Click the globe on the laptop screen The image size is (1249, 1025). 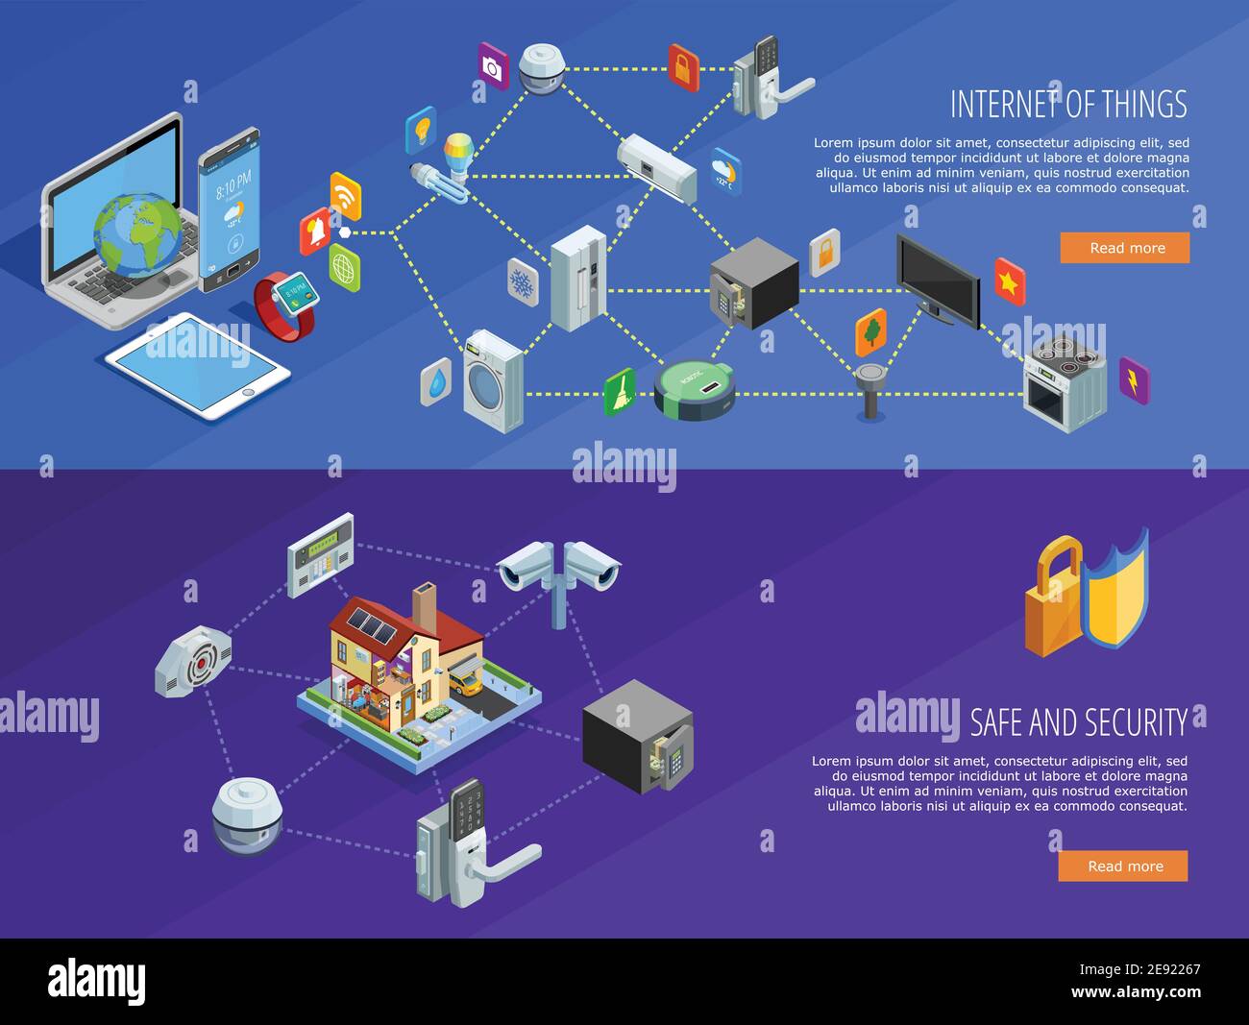pyautogui.click(x=136, y=232)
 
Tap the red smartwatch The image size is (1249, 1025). pyautogui.click(x=286, y=304)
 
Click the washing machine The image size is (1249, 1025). pyautogui.click(x=493, y=380)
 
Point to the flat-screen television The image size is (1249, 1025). pyautogui.click(x=938, y=279)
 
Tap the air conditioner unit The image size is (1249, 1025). pyautogui.click(x=656, y=167)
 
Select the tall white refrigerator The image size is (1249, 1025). pyautogui.click(x=577, y=279)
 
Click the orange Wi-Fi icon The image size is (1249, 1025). pyautogui.click(x=345, y=196)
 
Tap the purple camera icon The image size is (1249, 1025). pyautogui.click(x=493, y=66)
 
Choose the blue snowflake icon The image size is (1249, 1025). pyautogui.click(x=523, y=282)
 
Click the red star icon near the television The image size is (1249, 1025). pyautogui.click(x=1009, y=281)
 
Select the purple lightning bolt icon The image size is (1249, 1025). pyautogui.click(x=1134, y=381)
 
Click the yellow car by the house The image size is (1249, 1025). pyautogui.click(x=467, y=683)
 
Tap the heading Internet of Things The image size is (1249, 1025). pyautogui.click(x=1068, y=103)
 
